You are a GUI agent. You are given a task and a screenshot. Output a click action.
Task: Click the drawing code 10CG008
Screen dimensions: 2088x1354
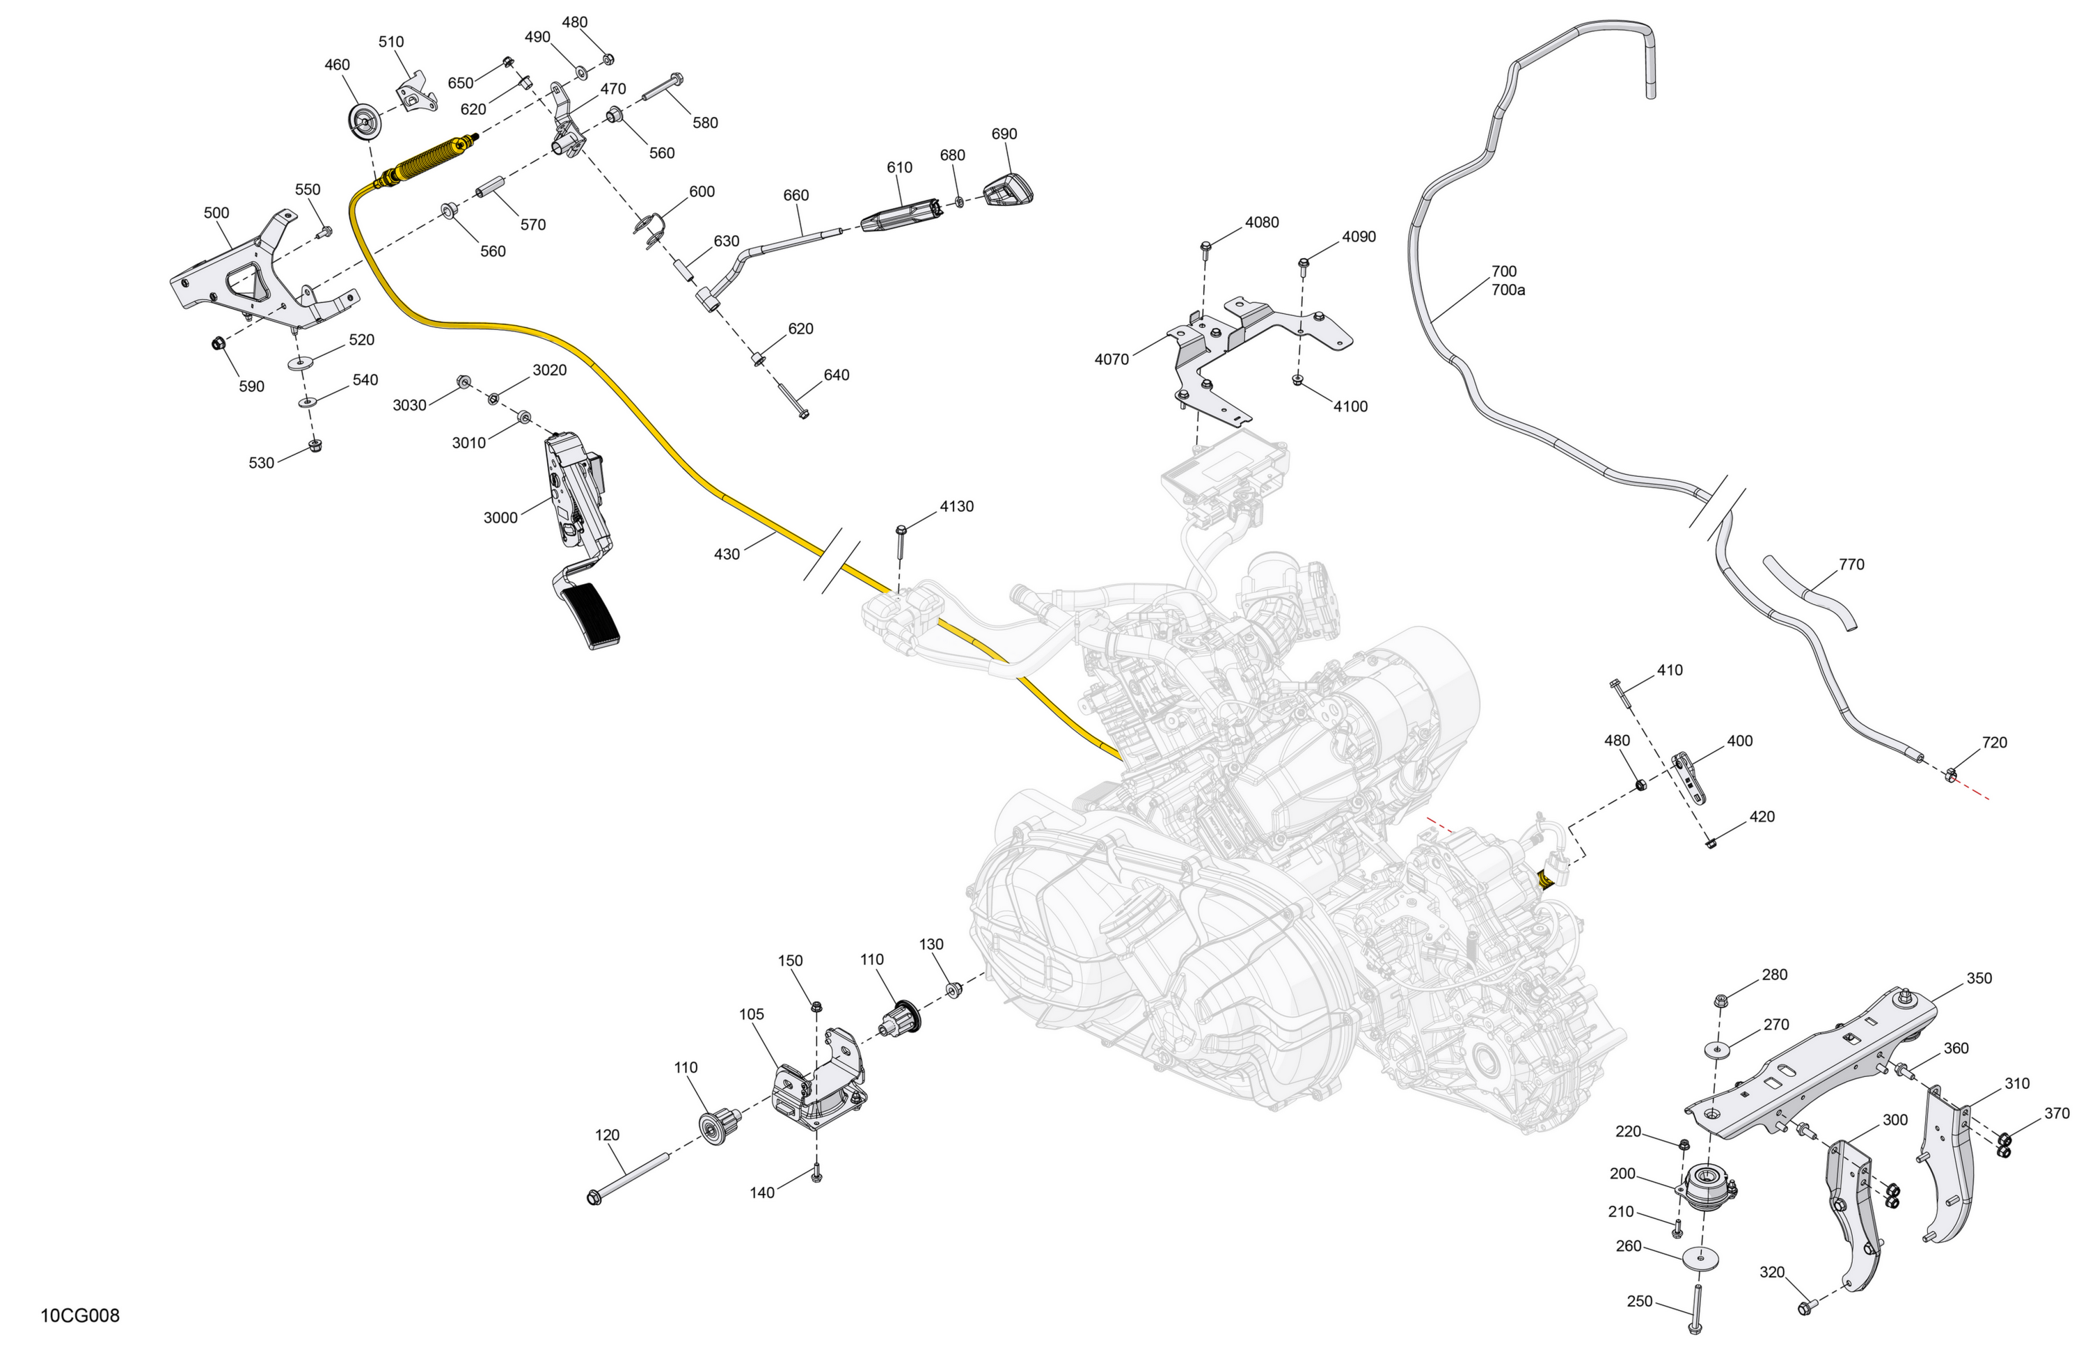(x=80, y=1316)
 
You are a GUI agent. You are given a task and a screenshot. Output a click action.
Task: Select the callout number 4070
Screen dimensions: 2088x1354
(x=1112, y=359)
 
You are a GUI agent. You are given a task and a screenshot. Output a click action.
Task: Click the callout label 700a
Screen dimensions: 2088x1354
(x=1508, y=290)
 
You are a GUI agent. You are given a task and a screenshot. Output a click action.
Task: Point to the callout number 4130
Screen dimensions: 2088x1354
(x=956, y=506)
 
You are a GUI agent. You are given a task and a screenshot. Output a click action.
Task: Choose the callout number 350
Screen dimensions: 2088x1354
(x=1979, y=977)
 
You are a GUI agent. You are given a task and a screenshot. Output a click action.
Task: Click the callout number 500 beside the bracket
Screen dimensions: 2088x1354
(x=216, y=212)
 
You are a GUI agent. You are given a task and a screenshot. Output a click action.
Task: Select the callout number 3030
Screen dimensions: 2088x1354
(x=409, y=404)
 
